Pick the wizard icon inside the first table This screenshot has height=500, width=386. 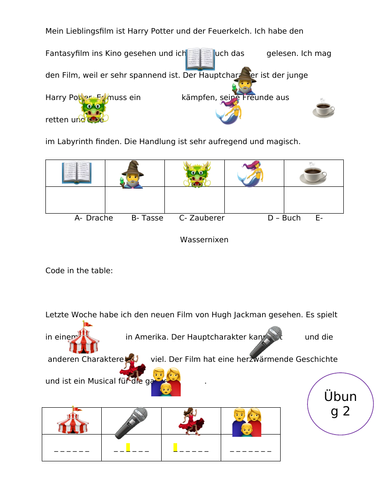tap(136, 174)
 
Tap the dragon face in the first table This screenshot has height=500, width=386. tap(197, 174)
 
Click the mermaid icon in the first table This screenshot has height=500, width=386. tap(253, 174)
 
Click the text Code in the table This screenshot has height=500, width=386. tap(83, 271)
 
